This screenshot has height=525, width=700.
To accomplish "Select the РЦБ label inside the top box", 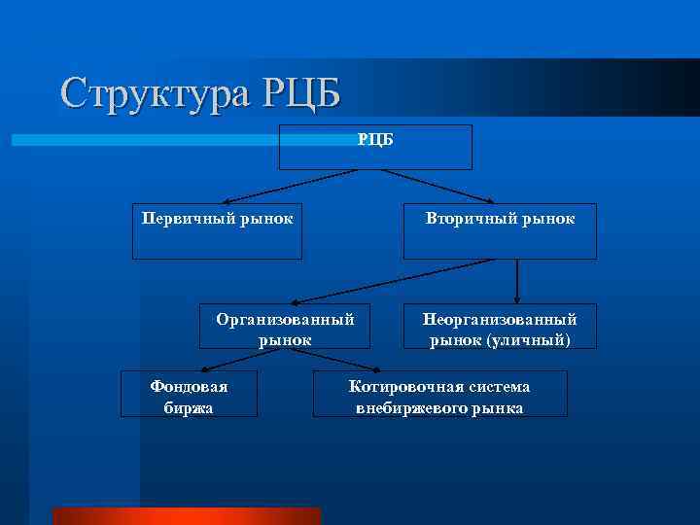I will pyautogui.click(x=375, y=140).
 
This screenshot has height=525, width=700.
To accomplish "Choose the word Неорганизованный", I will pyautogui.click(x=500, y=319).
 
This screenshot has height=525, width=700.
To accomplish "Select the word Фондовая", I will pyautogui.click(x=189, y=386).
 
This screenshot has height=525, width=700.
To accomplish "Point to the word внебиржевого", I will pyautogui.click(x=408, y=407).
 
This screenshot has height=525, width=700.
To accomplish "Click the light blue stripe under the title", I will pyautogui.click(x=146, y=140).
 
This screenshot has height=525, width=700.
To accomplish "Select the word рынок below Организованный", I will pyautogui.click(x=285, y=339).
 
